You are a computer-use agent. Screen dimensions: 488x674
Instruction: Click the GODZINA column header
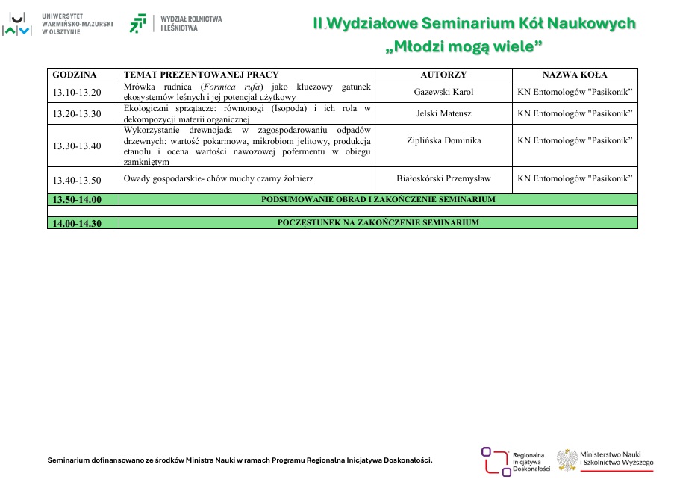[x=75, y=75]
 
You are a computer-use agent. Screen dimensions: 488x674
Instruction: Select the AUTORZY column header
[x=443, y=75]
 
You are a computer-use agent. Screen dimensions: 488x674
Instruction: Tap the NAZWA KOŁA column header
[x=575, y=75]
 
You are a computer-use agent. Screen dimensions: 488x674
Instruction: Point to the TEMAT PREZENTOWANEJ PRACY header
[x=201, y=75]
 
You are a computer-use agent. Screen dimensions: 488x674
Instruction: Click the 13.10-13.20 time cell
[x=77, y=93]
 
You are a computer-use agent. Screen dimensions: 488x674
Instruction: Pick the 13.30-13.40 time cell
[x=77, y=146]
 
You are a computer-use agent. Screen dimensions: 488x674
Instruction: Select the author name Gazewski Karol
[x=443, y=93]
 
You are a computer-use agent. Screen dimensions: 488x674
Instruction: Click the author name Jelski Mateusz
[x=443, y=114]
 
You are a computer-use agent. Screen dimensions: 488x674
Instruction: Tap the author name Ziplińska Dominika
[x=443, y=140]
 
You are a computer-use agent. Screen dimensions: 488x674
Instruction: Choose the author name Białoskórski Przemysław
[x=443, y=179]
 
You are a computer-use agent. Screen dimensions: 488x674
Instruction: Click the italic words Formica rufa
[x=234, y=87]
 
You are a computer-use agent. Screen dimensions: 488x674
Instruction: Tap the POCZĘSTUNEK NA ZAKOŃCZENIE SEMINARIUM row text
[x=378, y=223]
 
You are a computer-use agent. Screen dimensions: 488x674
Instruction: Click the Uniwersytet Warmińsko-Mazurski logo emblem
[x=16, y=24]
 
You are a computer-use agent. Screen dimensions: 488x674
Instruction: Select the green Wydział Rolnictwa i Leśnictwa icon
[x=138, y=24]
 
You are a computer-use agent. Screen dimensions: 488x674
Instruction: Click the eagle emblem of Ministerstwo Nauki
[x=567, y=460]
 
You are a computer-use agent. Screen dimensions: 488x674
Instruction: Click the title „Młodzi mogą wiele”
[x=464, y=47]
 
